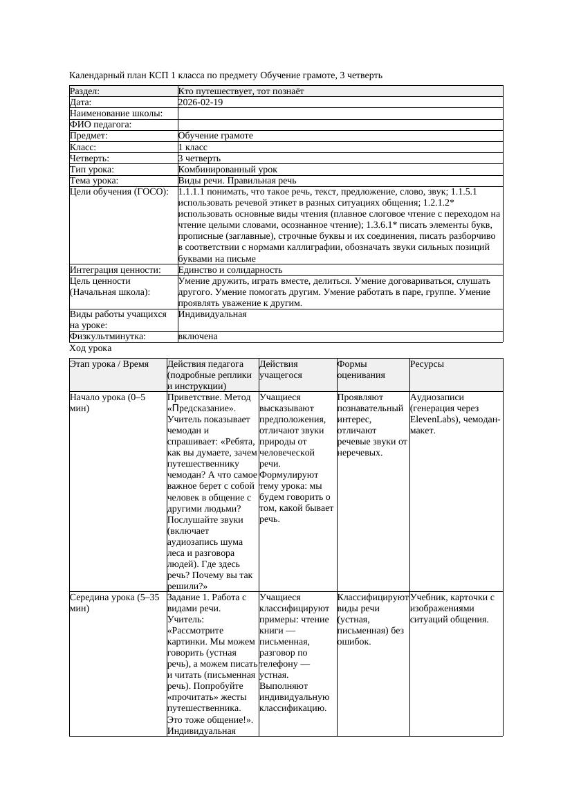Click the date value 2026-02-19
click(x=201, y=102)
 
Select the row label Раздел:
click(x=85, y=91)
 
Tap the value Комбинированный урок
click(x=228, y=169)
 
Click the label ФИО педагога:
click(x=101, y=125)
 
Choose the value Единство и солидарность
click(x=230, y=269)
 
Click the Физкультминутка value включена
click(x=198, y=336)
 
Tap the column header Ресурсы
click(x=427, y=364)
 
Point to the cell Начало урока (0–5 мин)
click(x=108, y=403)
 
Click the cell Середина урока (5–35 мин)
click(x=115, y=602)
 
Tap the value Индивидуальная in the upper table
click(x=212, y=314)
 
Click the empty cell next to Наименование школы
click(x=340, y=114)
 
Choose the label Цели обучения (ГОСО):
click(x=119, y=191)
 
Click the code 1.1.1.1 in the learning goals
click(x=193, y=191)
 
